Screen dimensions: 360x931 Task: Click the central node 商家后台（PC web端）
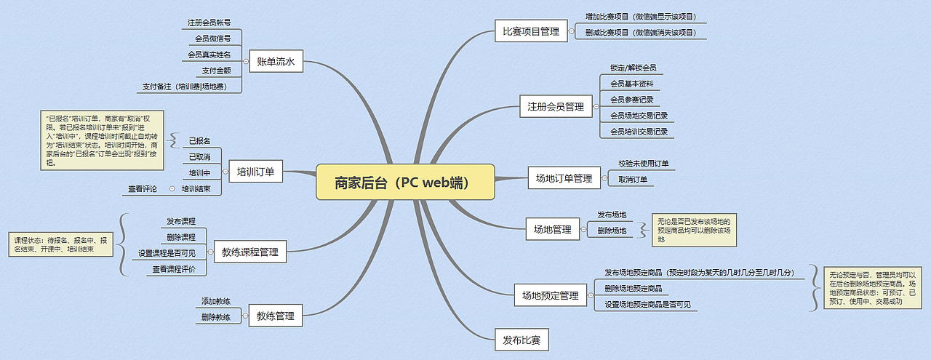(x=405, y=182)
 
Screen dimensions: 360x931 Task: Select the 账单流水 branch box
(x=275, y=62)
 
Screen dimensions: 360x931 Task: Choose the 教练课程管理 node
(x=250, y=252)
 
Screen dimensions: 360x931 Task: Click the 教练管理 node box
(x=275, y=316)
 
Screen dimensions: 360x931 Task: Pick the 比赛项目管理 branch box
(x=531, y=31)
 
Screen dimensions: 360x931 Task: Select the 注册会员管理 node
(x=555, y=107)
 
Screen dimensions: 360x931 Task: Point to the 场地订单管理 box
(x=564, y=178)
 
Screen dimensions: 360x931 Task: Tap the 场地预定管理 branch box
(x=551, y=295)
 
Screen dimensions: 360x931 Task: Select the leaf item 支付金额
(x=216, y=71)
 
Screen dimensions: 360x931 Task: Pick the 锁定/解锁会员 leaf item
(x=633, y=68)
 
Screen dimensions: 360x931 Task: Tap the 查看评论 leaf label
(x=143, y=188)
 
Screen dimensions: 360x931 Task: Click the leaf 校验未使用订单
(x=644, y=164)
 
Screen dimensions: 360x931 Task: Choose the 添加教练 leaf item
(x=216, y=301)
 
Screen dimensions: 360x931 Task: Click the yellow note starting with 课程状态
(x=61, y=244)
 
